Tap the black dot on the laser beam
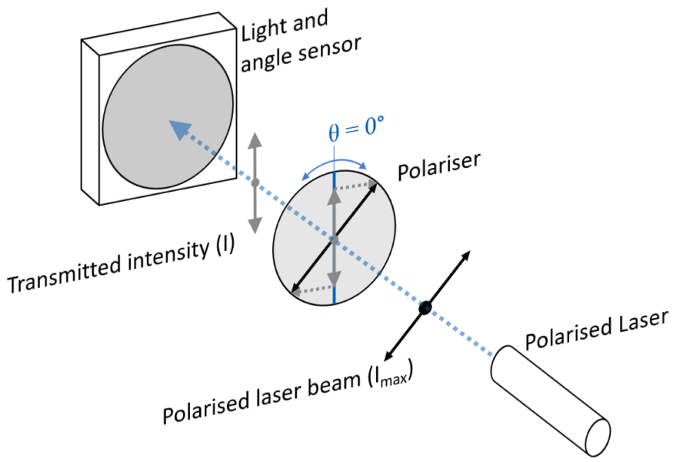coord(425,308)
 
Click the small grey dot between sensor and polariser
coord(255,182)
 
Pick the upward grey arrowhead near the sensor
coord(255,142)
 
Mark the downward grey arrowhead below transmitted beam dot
coord(255,223)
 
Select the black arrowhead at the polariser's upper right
coord(375,183)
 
